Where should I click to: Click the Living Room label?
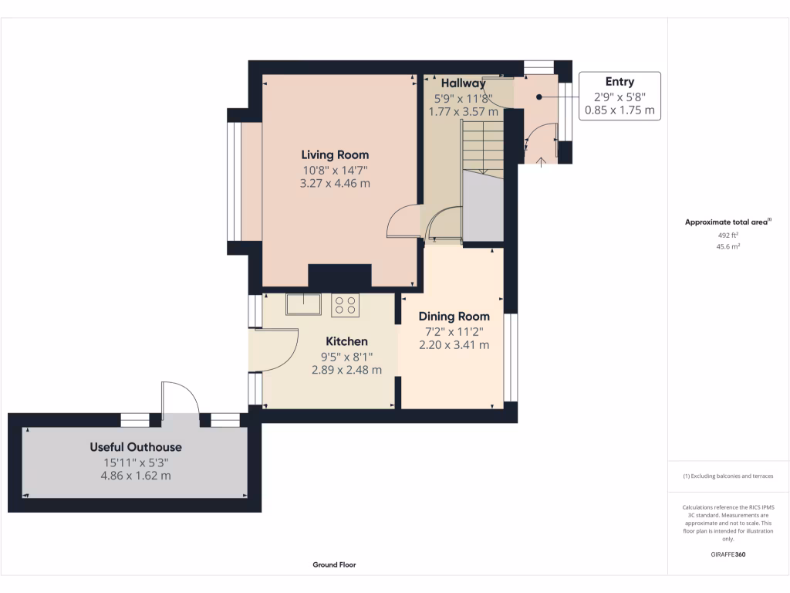click(x=335, y=154)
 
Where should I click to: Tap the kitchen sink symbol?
click(x=303, y=304)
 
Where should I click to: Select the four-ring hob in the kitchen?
click(x=345, y=305)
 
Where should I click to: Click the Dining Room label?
click(x=454, y=316)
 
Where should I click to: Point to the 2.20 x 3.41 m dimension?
click(x=454, y=345)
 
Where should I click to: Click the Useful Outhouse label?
click(x=136, y=447)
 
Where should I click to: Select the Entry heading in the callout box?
click(x=620, y=82)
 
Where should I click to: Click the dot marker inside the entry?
click(x=539, y=97)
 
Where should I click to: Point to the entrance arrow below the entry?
click(x=541, y=162)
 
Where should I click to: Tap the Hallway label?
click(x=463, y=83)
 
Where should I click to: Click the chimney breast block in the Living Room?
click(x=339, y=276)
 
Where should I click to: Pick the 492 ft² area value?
click(x=728, y=235)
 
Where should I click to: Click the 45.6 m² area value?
click(x=728, y=246)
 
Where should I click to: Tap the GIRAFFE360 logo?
click(x=728, y=554)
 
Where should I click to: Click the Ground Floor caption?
click(x=334, y=564)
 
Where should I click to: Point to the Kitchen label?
click(x=346, y=341)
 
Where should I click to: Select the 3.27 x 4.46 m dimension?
click(x=335, y=184)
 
